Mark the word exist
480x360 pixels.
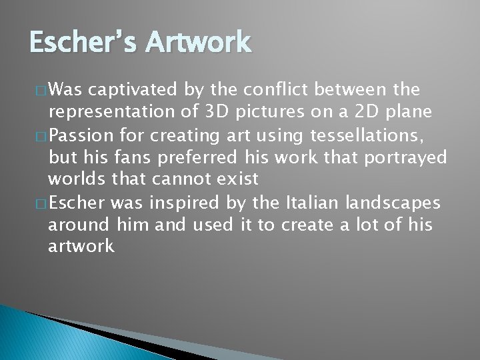point(237,179)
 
